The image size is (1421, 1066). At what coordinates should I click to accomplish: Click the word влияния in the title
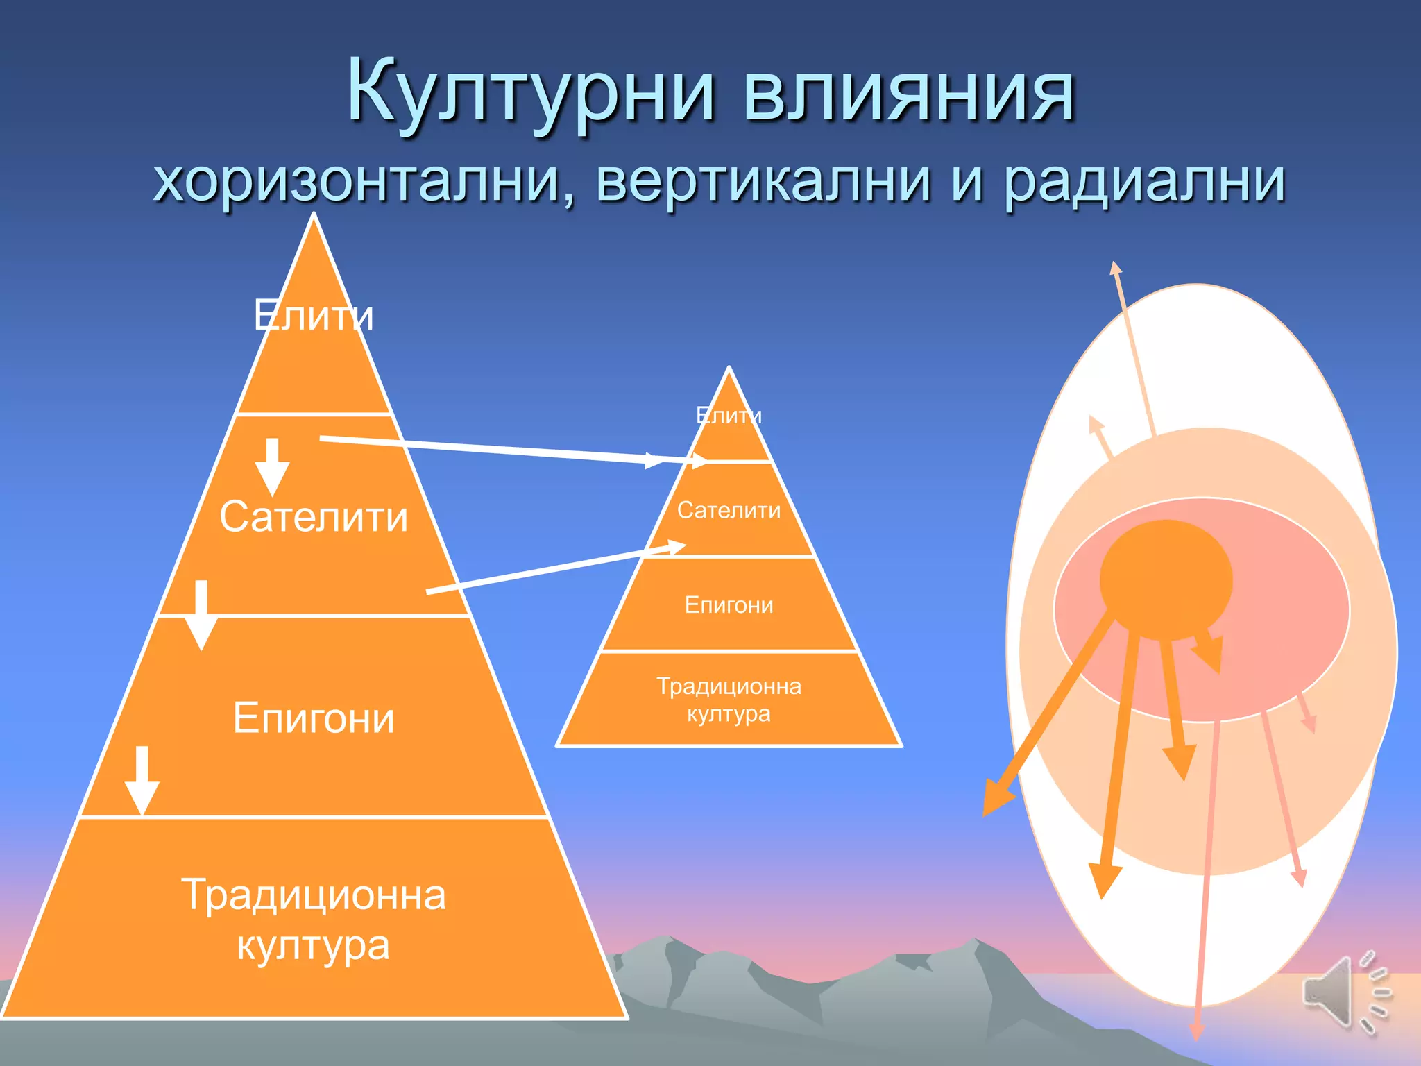[x=909, y=94]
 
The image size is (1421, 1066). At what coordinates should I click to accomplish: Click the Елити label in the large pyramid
[x=314, y=316]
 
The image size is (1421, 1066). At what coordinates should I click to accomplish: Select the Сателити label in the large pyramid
[x=314, y=517]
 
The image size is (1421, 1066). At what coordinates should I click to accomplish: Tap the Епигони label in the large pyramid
[x=314, y=718]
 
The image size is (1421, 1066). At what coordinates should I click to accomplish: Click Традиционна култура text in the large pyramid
[x=314, y=920]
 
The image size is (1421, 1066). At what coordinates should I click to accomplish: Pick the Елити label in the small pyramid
[x=729, y=416]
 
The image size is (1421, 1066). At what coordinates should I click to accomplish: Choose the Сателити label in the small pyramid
[x=729, y=511]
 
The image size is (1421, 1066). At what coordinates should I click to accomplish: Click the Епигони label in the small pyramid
[x=729, y=605]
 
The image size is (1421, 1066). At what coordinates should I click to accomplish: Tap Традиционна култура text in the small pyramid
[x=729, y=700]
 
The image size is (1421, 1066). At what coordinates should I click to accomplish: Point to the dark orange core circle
[x=1166, y=579]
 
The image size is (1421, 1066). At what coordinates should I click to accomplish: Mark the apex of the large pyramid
[x=314, y=217]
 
